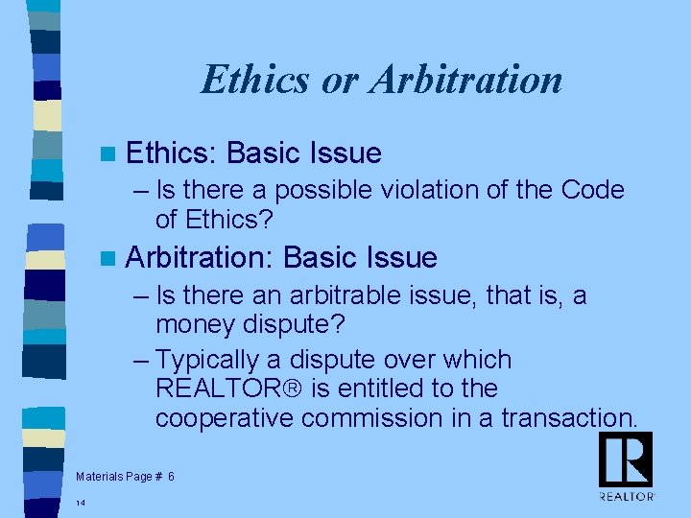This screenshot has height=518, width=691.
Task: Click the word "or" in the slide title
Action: [x=339, y=80]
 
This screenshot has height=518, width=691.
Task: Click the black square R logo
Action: [x=626, y=459]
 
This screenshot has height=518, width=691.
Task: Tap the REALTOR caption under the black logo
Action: [x=626, y=497]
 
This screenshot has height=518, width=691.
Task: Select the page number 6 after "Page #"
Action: [x=171, y=477]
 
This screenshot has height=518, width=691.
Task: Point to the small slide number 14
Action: [x=82, y=503]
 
